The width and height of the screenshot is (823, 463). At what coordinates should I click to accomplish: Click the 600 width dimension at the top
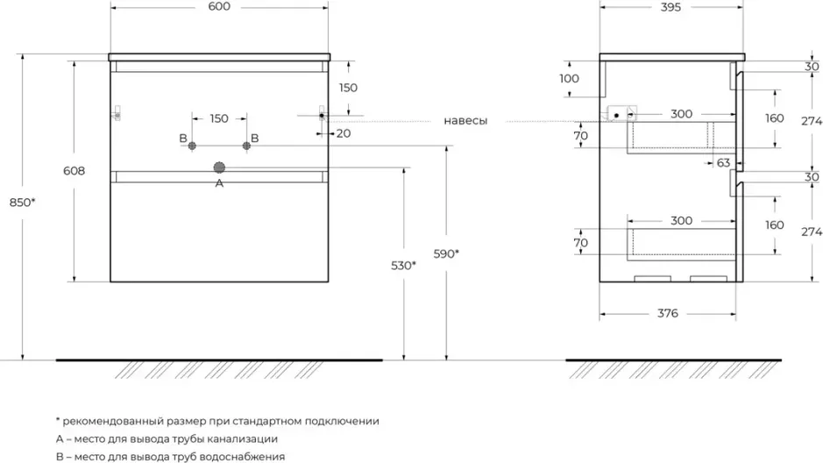click(x=219, y=7)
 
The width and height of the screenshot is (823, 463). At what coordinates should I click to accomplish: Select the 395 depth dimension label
click(x=670, y=7)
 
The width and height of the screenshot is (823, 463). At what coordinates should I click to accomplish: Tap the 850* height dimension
click(x=24, y=203)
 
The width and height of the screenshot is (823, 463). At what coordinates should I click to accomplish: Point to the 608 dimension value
click(x=74, y=171)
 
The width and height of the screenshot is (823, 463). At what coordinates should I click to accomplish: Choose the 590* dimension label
click(x=446, y=254)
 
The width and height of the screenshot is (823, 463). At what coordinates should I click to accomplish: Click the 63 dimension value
click(x=723, y=162)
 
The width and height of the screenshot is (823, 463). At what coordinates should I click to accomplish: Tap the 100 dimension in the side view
click(x=569, y=78)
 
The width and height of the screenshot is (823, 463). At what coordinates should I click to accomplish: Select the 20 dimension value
click(x=342, y=132)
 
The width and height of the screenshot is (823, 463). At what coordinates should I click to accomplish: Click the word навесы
click(x=465, y=120)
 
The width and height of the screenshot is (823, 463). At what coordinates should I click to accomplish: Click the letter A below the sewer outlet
click(x=219, y=183)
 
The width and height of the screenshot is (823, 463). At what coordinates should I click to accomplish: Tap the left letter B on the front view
click(x=182, y=139)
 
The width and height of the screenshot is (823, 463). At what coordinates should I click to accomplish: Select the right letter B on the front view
click(x=255, y=139)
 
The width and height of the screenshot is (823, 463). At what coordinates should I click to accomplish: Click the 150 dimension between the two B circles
click(x=219, y=118)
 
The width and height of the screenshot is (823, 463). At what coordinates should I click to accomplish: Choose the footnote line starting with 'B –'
click(x=169, y=456)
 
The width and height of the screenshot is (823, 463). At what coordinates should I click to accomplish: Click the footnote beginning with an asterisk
click(x=216, y=421)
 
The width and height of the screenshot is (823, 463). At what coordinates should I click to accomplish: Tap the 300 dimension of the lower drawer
click(x=681, y=220)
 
